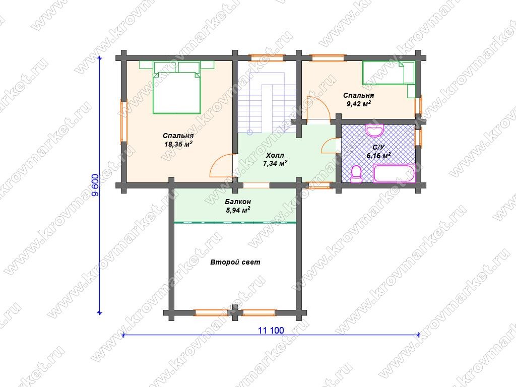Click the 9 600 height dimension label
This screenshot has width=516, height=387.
[95, 184]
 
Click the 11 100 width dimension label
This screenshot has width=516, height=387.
[271, 330]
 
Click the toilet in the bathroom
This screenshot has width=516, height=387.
[356, 174]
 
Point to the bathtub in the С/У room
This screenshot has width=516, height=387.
[394, 173]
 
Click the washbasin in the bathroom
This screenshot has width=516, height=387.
[374, 131]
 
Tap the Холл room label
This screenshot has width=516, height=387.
[275, 155]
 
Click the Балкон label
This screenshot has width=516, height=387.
[238, 202]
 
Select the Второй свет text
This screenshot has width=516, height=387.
[235, 262]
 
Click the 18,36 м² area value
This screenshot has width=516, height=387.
[178, 144]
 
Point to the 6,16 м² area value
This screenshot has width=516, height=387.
[378, 155]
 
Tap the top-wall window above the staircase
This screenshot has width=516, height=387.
[266, 58]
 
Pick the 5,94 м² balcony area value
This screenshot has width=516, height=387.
[238, 210]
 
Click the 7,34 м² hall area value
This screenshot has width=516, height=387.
[275, 164]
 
